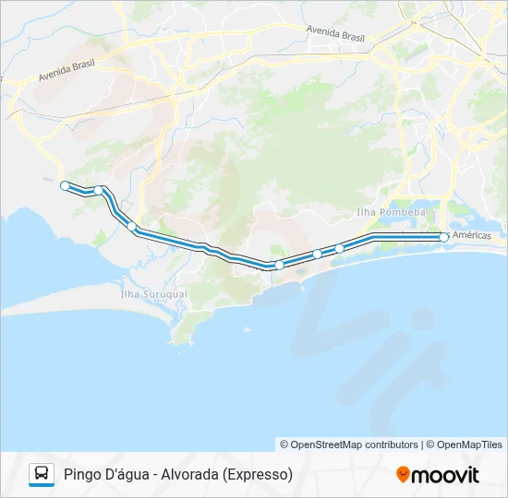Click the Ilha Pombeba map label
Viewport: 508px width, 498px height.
pyautogui.click(x=391, y=212)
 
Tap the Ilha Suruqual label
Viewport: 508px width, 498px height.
pyautogui.click(x=153, y=294)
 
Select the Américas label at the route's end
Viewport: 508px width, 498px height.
pyautogui.click(x=471, y=236)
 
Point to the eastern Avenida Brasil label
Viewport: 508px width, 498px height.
pyautogui.click(x=336, y=32)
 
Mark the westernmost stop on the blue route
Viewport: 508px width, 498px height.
pyautogui.click(x=65, y=185)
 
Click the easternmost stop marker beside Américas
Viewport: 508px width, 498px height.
pyautogui.click(x=444, y=237)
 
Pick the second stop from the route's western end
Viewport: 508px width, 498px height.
pyautogui.click(x=98, y=190)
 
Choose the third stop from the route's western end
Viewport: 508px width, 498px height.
pyautogui.click(x=132, y=226)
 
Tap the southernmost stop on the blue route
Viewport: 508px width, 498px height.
pyautogui.click(x=279, y=265)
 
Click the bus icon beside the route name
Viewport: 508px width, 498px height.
pyautogui.click(x=42, y=474)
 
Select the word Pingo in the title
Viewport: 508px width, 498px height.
pyautogui.click(x=83, y=475)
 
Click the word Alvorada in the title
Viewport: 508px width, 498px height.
pyautogui.click(x=191, y=474)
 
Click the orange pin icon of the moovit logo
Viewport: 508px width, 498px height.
pyautogui.click(x=403, y=474)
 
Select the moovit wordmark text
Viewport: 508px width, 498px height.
pyautogui.click(x=445, y=475)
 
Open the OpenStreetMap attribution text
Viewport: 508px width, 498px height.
pyautogui.click(x=321, y=445)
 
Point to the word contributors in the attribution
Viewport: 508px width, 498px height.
pyautogui.click(x=392, y=445)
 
